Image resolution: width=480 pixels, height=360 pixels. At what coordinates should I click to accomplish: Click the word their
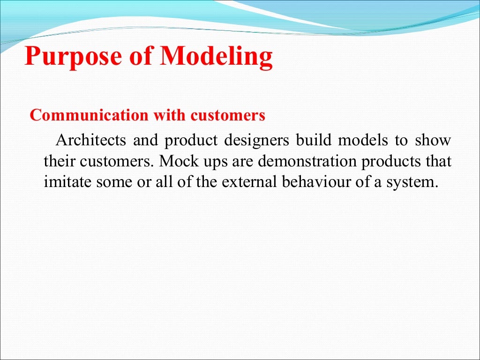(x=59, y=161)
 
